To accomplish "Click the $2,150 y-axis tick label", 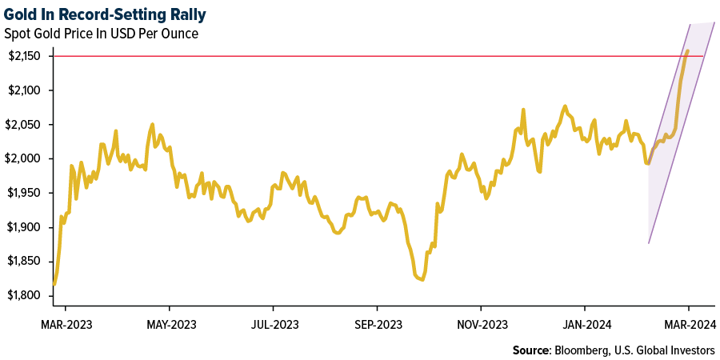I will (26, 56).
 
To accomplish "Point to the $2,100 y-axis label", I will (26, 90).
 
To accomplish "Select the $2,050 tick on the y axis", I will (26, 125).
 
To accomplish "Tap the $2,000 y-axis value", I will (26, 159).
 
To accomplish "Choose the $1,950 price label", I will (26, 194).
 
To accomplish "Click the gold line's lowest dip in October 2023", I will (422, 279).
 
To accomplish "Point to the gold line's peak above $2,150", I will (687, 51).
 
